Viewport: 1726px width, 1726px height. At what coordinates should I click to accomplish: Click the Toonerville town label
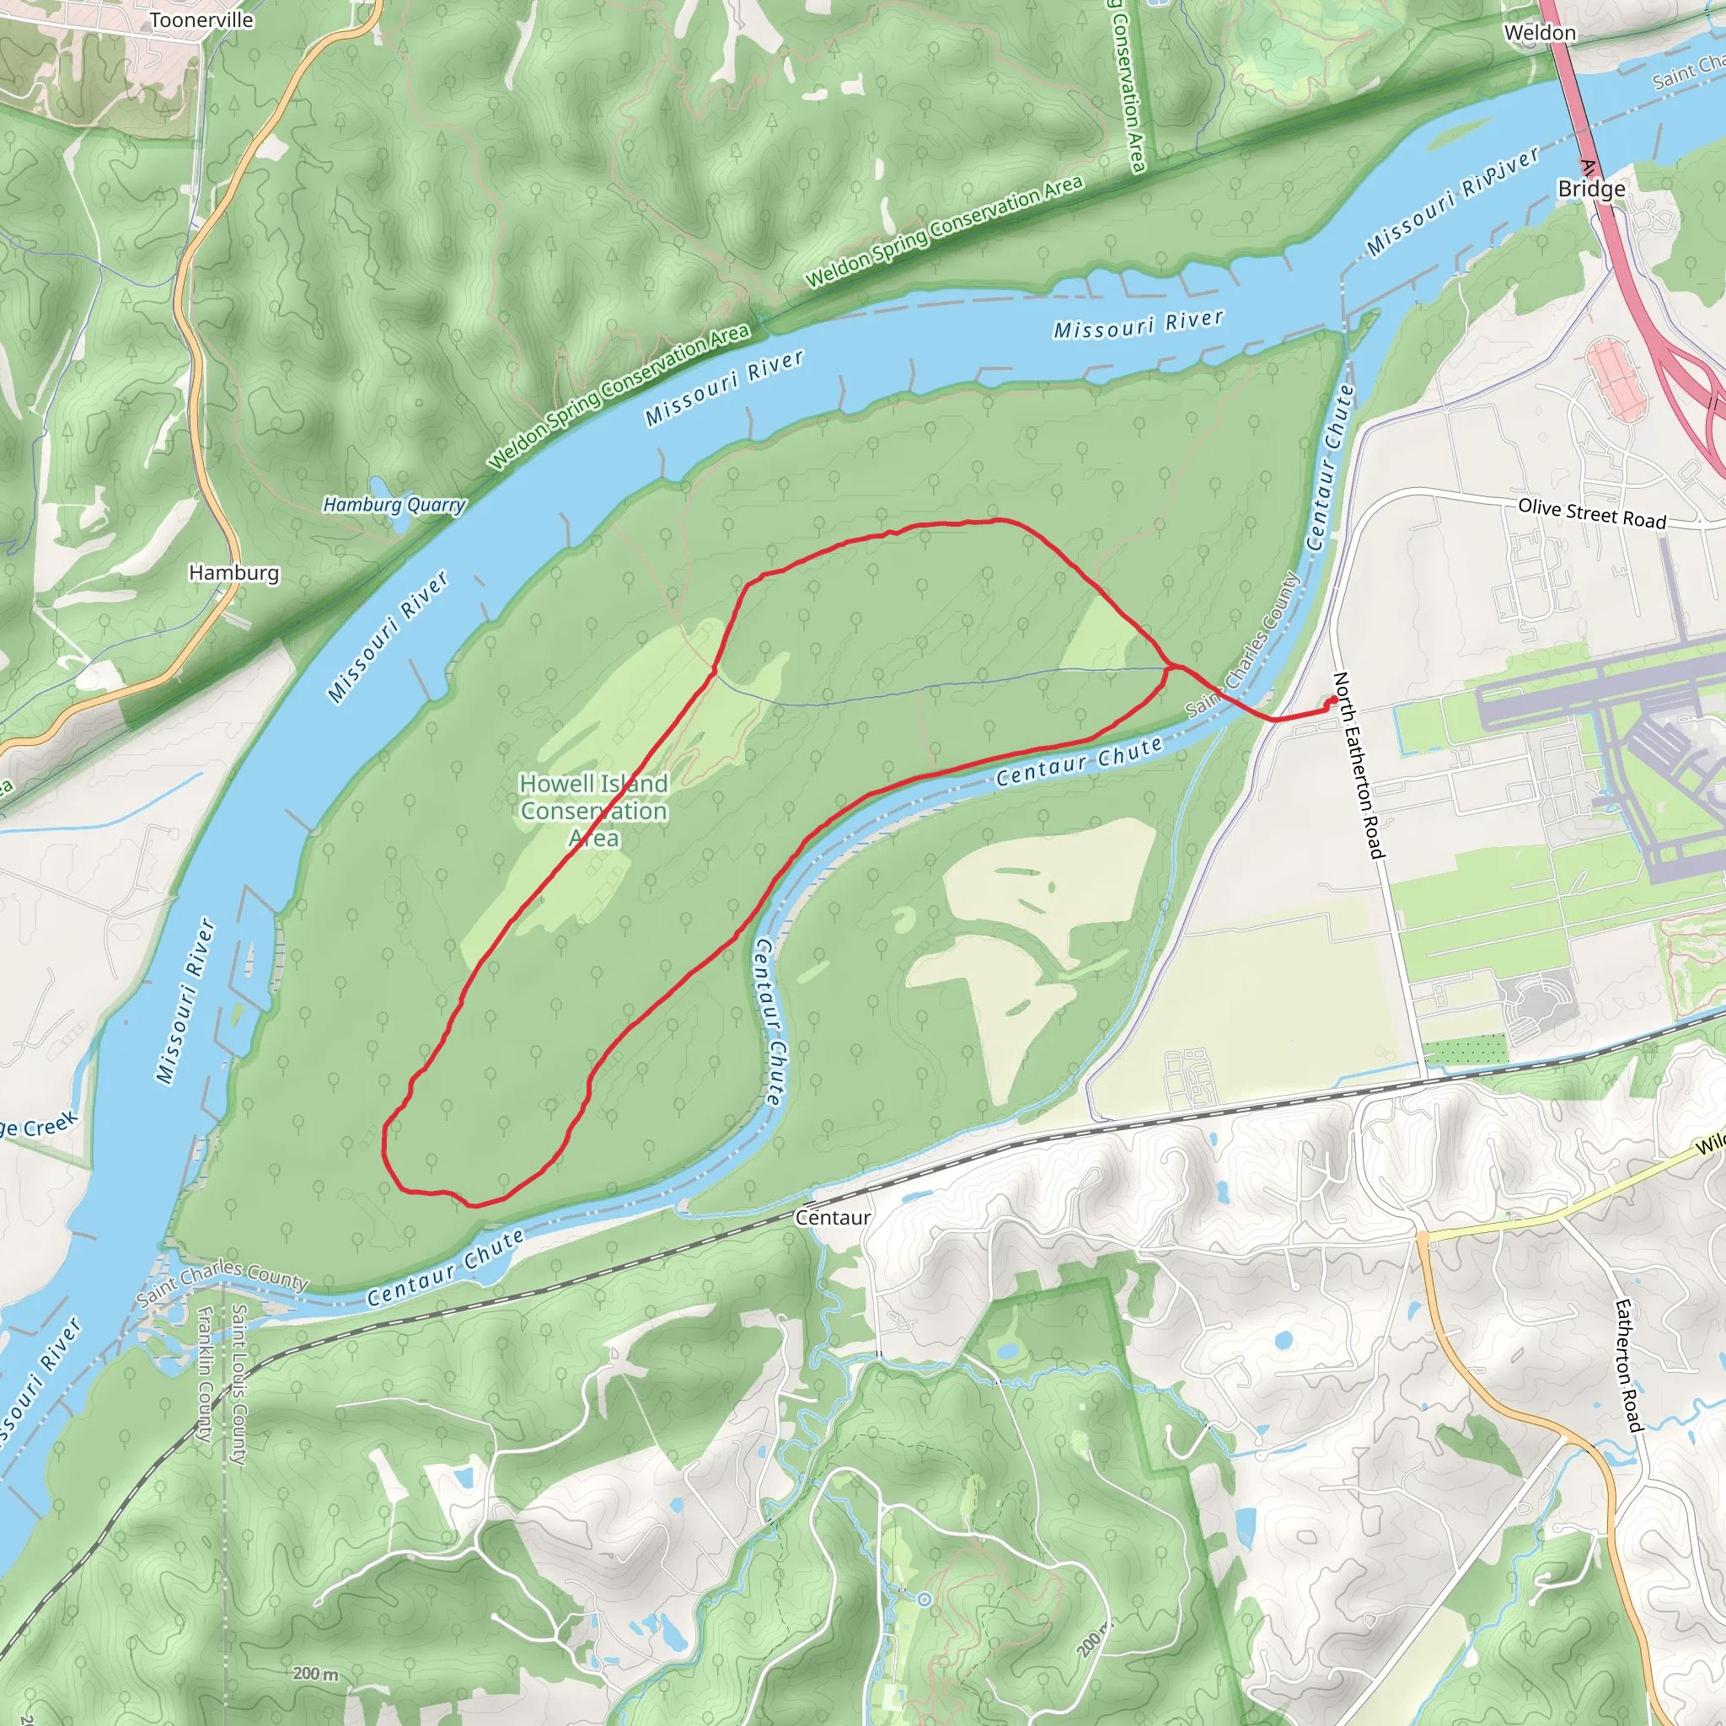pos(201,19)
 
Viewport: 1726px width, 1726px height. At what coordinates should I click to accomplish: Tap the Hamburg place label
pos(233,572)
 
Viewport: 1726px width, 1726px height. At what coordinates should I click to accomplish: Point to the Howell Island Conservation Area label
pos(594,810)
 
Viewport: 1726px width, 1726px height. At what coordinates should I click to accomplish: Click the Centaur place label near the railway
pos(833,1217)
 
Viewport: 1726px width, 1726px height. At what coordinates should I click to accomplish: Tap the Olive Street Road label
pos(1592,514)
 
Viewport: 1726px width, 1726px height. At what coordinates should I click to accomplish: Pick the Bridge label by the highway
pos(1591,190)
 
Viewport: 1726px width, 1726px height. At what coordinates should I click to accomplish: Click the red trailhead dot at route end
pos(1335,700)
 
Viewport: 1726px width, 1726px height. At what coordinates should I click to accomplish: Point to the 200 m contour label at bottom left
pos(315,1673)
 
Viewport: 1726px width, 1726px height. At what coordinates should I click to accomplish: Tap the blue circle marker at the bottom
pos(925,1598)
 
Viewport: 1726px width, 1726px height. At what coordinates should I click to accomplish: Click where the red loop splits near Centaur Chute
pos(1170,667)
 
